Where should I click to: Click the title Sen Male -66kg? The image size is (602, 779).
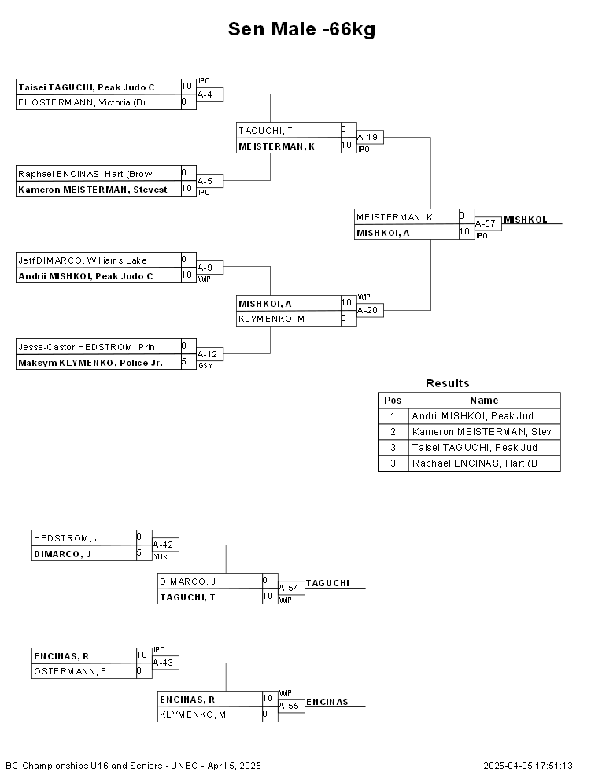point(301,29)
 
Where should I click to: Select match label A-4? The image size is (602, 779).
point(205,94)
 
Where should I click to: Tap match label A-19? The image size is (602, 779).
point(367,137)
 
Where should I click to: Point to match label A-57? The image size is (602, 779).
point(486,223)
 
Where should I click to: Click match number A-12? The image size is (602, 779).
point(207,354)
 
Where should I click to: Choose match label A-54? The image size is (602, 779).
point(289,589)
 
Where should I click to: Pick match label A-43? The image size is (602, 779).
point(163,663)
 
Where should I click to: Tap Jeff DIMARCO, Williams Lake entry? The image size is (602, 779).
point(83,260)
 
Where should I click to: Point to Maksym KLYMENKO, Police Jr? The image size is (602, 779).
point(90,363)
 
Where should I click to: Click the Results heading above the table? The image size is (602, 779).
point(448,383)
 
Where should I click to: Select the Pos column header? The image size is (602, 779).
point(393,401)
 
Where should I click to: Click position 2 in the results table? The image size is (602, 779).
point(393,432)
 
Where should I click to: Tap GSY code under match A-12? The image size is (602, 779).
point(205,366)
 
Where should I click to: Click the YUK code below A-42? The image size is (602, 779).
point(161,557)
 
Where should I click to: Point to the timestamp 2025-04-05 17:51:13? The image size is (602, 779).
point(528,766)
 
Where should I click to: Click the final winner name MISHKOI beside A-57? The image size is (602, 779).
point(526,220)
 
